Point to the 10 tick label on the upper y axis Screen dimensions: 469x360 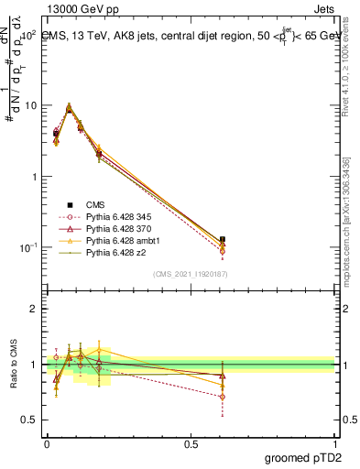pyautogui.click(x=30, y=105)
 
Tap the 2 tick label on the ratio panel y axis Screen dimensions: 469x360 pyautogui.click(x=35, y=309)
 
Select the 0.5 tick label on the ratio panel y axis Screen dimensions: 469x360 pyautogui.click(x=30, y=420)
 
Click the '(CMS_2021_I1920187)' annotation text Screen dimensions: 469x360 pyautogui.click(x=191, y=274)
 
